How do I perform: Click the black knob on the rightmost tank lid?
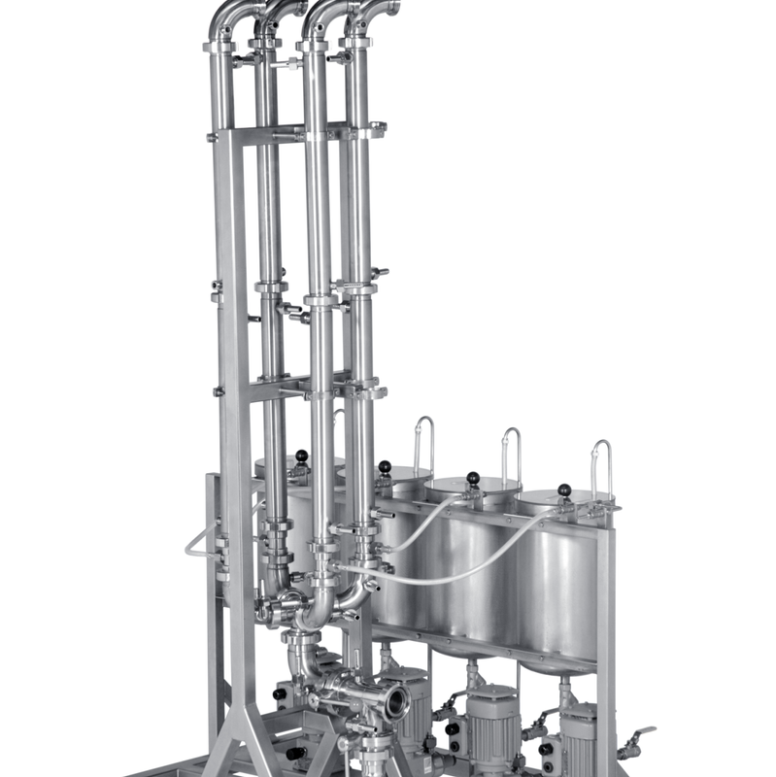(564, 490)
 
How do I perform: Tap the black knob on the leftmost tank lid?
(302, 456)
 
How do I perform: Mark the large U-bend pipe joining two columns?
(318, 612)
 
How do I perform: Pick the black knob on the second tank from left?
(385, 467)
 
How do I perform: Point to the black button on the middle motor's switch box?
(452, 727)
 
